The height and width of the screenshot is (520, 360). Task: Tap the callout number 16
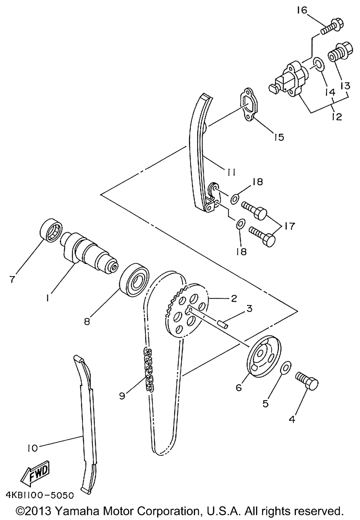click(302, 11)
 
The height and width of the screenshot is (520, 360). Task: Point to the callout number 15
click(278, 137)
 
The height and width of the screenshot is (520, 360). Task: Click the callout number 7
click(12, 279)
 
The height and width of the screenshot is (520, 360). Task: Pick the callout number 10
click(32, 448)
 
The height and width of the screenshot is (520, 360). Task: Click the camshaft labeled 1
click(90, 252)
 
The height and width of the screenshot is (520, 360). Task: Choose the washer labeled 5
click(285, 367)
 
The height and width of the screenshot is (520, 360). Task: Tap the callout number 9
click(122, 396)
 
